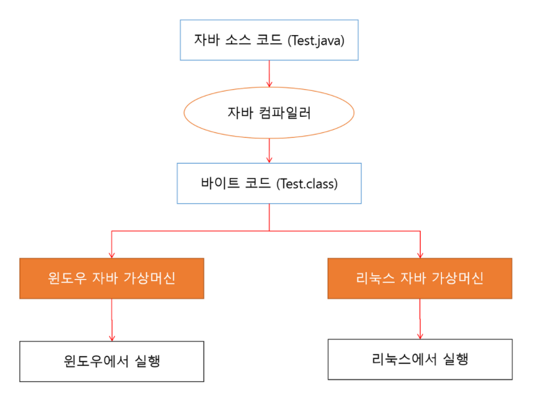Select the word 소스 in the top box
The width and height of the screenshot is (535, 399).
238,40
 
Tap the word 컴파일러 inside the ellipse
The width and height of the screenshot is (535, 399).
285,113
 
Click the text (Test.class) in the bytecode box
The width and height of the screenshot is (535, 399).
307,184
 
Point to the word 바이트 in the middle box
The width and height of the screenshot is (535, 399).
220,183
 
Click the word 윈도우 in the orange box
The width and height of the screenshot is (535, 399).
67,278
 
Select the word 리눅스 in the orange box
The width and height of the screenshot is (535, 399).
375,278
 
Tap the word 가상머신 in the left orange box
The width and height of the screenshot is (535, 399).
149,278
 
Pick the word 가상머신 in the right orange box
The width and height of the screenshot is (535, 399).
458,278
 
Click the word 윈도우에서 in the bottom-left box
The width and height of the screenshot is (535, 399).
96,361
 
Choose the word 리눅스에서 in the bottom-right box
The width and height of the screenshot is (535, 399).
404,359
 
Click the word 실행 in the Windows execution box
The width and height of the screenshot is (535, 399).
147,361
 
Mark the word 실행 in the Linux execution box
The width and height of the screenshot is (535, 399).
455,359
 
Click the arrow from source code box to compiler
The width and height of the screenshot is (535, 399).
269,74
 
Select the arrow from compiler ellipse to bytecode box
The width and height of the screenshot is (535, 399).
269,150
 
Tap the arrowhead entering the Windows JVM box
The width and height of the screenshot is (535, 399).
111,256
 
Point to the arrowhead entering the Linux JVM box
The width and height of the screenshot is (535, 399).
420,256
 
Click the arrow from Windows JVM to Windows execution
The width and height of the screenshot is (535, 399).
111,320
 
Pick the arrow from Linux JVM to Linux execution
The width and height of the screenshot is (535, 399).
420,319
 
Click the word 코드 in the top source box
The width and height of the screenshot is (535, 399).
269,40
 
